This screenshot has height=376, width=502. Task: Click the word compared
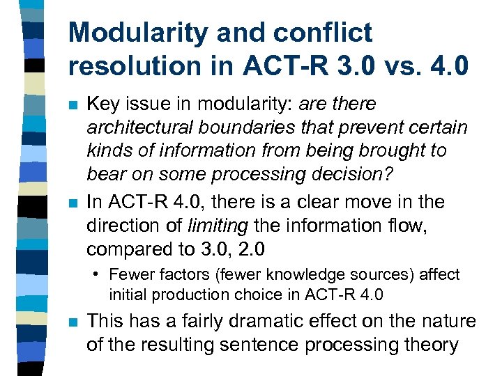click(121, 249)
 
